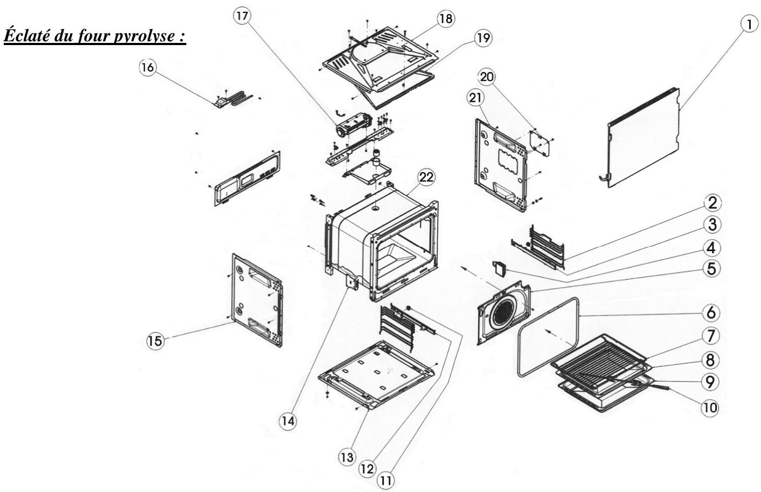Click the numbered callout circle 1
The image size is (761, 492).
click(x=749, y=25)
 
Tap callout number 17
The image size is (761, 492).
click(x=242, y=16)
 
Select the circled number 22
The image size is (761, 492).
click(x=426, y=177)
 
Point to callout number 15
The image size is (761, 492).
click(x=155, y=341)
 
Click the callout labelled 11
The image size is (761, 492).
click(x=386, y=480)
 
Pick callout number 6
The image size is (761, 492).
click(x=711, y=312)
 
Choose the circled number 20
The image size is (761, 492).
click(x=487, y=77)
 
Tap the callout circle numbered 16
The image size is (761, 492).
click(x=148, y=67)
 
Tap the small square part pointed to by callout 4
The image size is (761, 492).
click(x=499, y=268)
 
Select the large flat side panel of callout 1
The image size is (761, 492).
click(x=642, y=139)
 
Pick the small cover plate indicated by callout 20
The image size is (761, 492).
click(x=540, y=143)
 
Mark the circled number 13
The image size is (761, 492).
click(x=347, y=457)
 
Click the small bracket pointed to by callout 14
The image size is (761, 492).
click(x=352, y=282)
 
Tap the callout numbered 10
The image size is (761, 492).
click(x=710, y=407)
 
